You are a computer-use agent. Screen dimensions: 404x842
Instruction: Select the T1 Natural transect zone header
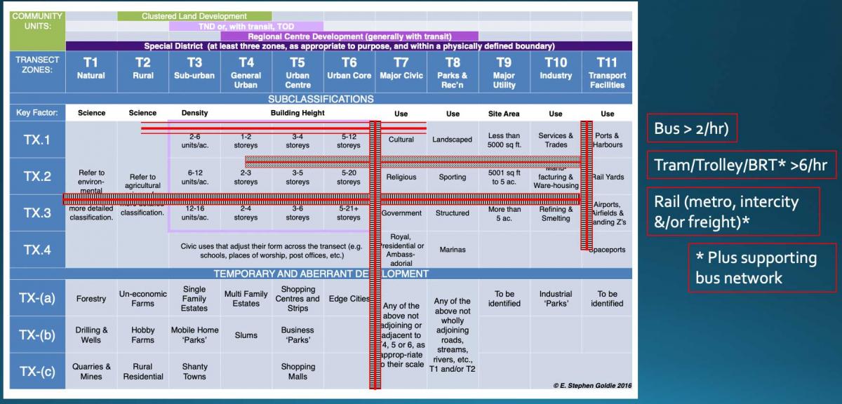(x=91, y=68)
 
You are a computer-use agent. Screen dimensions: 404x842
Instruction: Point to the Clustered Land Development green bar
(x=194, y=15)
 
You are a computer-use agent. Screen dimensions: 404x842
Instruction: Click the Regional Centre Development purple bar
(x=349, y=36)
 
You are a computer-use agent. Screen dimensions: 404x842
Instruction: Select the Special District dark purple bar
(x=349, y=46)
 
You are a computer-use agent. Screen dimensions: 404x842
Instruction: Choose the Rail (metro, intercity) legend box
(x=733, y=210)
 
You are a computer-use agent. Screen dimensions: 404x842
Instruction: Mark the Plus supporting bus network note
(x=761, y=267)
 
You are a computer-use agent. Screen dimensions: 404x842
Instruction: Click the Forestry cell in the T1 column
(x=91, y=299)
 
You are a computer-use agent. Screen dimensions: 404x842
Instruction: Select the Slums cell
(x=246, y=335)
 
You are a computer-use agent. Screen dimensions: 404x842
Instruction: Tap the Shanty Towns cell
(x=194, y=371)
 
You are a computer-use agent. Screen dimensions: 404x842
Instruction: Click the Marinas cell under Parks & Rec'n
(x=452, y=249)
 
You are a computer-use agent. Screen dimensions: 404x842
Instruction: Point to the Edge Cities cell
(x=348, y=299)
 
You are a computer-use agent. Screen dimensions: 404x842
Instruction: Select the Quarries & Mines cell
(x=91, y=371)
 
